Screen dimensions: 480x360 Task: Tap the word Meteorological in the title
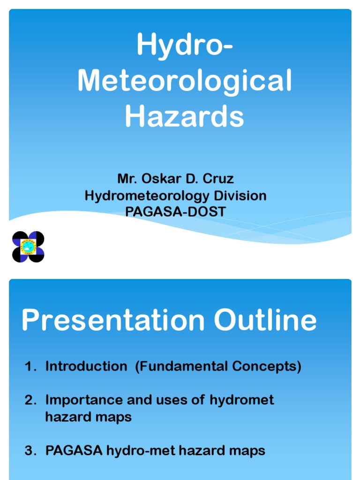click(x=184, y=81)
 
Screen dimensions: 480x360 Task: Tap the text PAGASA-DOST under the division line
click(x=175, y=212)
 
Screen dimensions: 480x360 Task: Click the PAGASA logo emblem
click(x=28, y=247)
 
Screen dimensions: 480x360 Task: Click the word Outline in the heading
click(x=266, y=322)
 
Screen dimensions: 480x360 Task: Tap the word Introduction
click(x=86, y=367)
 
